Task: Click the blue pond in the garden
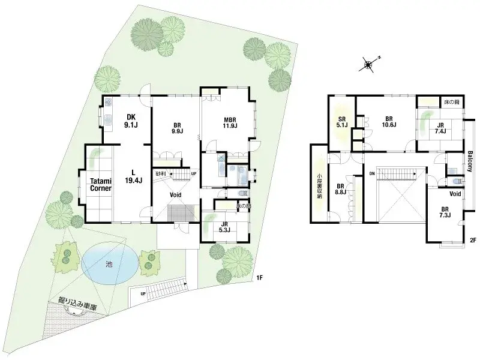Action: coord(107,263)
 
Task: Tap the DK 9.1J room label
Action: coord(131,121)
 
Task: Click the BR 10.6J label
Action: coord(388,122)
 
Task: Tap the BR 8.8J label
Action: coord(340,190)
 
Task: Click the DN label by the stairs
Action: coord(371,173)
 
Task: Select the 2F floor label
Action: coord(472,241)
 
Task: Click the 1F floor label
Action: coord(259,277)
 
